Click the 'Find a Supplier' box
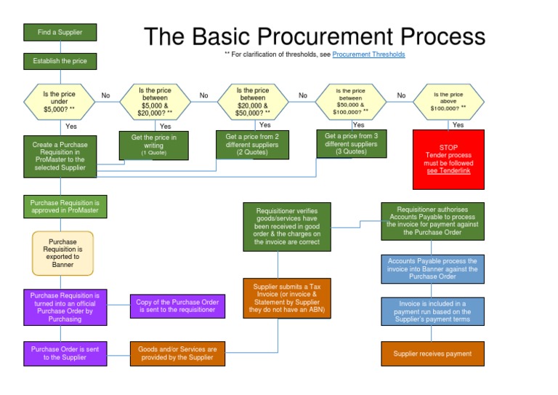pos(60,32)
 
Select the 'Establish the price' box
pos(60,61)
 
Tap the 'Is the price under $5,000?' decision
pos(60,101)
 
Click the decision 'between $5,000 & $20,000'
pos(155,101)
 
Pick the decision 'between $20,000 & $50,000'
pos(253,101)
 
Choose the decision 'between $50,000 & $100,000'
pos(351,101)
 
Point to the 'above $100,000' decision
pos(448,101)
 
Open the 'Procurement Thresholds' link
pos(368,55)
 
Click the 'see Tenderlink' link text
pos(448,171)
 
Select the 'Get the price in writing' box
pos(153,145)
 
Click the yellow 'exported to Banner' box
pos(62,253)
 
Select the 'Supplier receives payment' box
pos(432,354)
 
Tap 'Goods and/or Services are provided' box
pos(177,354)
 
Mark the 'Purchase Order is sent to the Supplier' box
pos(65,354)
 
